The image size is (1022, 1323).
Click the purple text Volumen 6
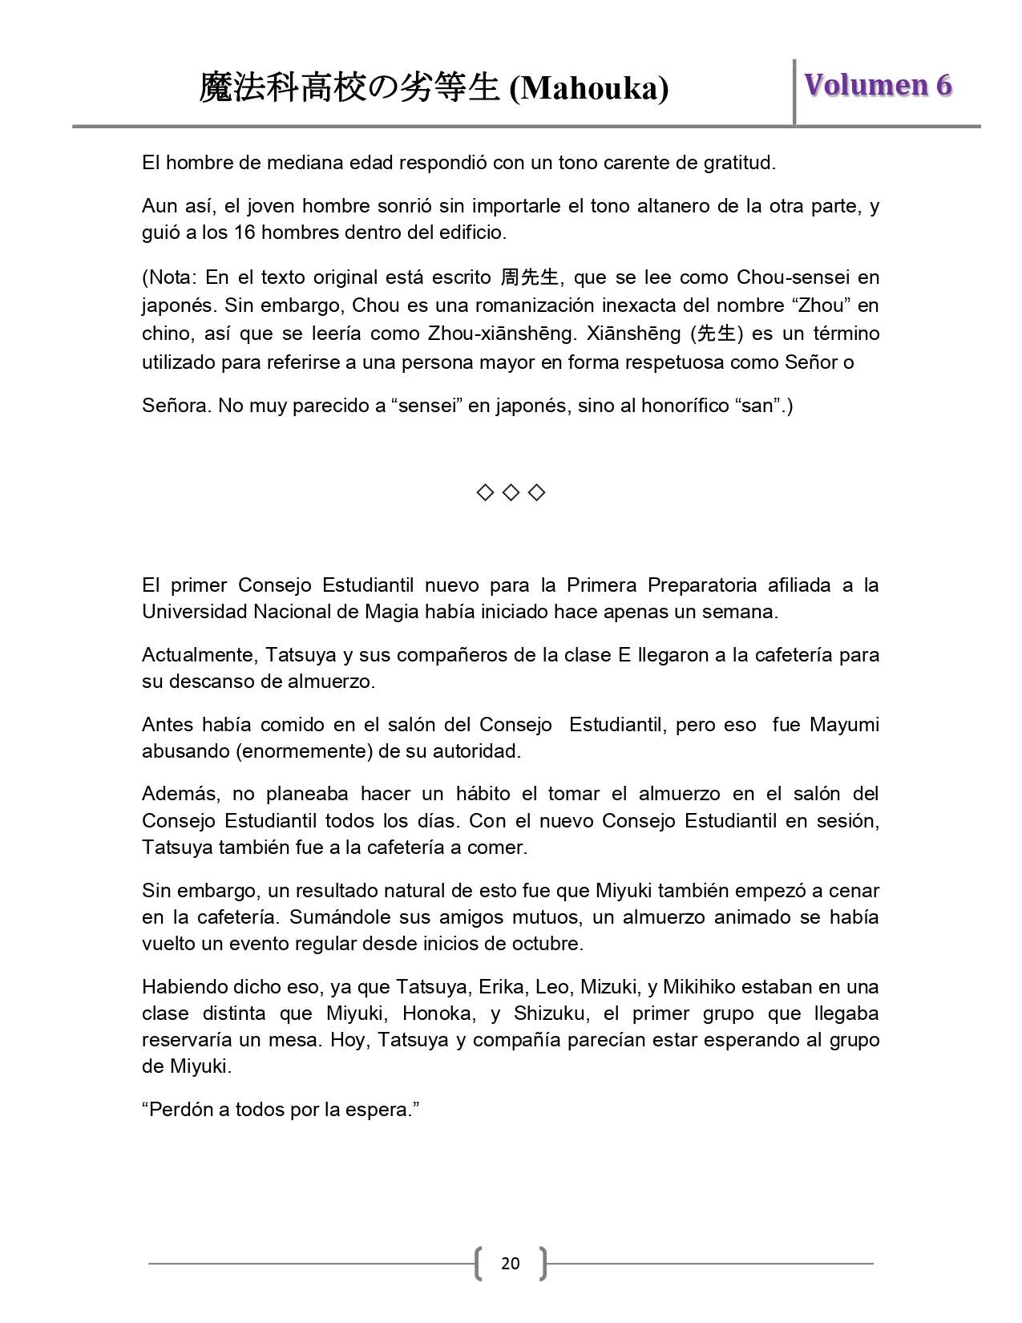coord(878,85)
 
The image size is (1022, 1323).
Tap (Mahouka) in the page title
coord(589,88)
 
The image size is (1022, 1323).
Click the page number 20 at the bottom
coord(510,1263)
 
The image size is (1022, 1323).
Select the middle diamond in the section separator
coord(511,492)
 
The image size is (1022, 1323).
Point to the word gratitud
coord(739,163)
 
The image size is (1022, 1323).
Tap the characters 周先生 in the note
coord(529,277)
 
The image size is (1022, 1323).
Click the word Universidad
coord(195,612)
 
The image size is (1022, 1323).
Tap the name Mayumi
coord(844,725)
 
